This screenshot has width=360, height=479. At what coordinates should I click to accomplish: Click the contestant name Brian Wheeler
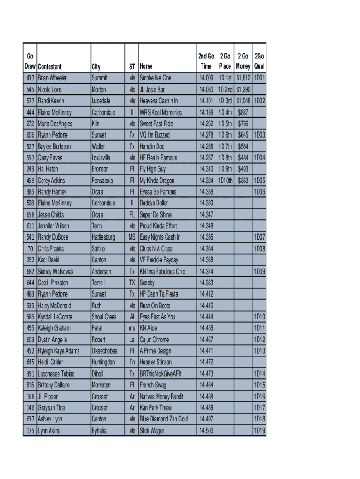(x=52, y=78)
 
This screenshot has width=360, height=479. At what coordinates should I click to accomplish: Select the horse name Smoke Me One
(x=155, y=78)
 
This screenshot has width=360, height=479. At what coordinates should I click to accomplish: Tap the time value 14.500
(x=206, y=431)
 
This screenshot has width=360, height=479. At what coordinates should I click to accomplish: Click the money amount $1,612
(x=243, y=78)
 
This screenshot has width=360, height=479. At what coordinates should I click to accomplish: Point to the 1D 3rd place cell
(x=225, y=101)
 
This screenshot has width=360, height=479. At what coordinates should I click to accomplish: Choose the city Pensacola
(x=102, y=181)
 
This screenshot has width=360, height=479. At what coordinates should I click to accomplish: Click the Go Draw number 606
(x=30, y=135)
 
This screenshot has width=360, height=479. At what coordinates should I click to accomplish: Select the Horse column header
(x=146, y=67)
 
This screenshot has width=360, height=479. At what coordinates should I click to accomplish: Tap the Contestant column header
(x=50, y=67)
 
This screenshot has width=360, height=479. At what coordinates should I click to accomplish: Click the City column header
(x=96, y=67)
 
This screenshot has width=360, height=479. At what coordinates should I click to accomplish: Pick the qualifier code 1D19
(x=259, y=431)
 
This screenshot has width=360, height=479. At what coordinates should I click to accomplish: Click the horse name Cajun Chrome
(x=154, y=340)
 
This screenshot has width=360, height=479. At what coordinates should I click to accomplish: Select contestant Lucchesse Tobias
(x=56, y=374)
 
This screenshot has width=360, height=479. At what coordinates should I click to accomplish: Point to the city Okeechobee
(x=105, y=351)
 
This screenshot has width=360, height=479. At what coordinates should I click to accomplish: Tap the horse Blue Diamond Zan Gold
(x=164, y=419)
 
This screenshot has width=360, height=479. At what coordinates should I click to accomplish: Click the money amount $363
(x=243, y=181)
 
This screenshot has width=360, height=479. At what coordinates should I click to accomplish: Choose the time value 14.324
(x=206, y=181)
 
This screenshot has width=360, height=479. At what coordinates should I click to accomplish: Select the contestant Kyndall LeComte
(x=55, y=317)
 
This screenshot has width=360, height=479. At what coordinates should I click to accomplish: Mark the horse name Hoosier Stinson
(x=156, y=362)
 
